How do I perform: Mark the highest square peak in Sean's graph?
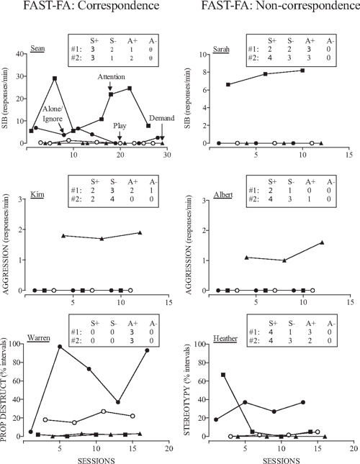[x=55, y=78]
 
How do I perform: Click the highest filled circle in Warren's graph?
[x=60, y=347]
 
